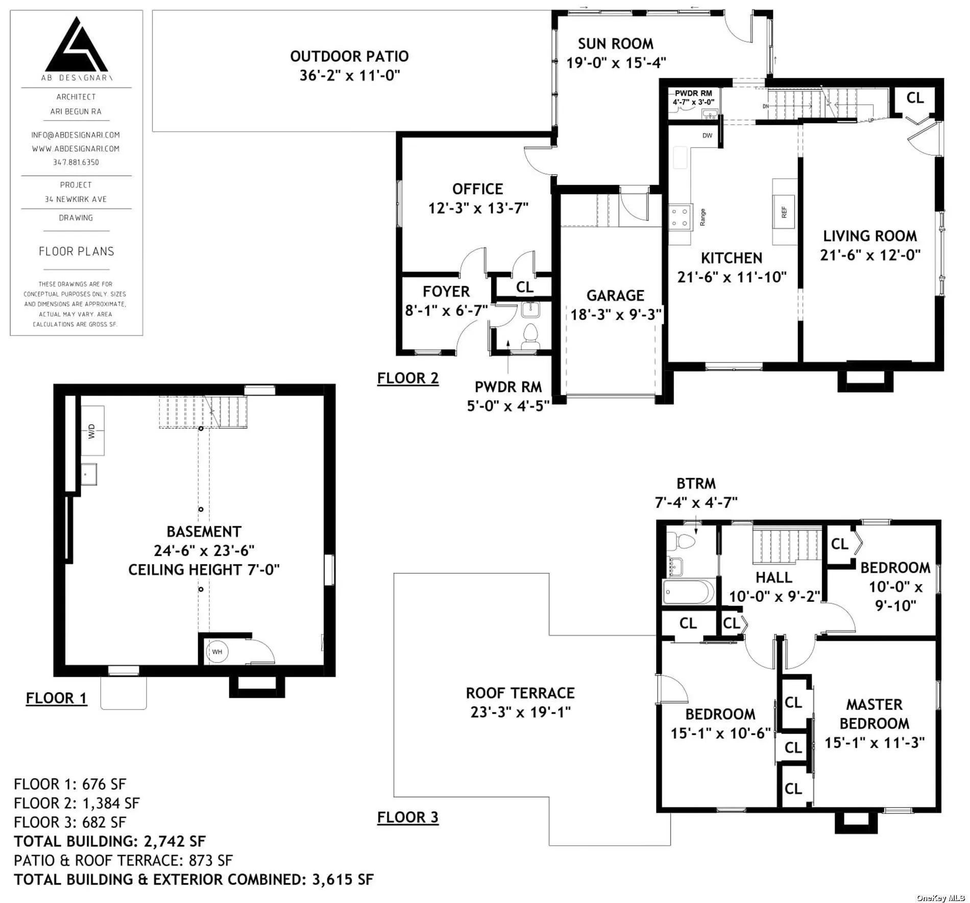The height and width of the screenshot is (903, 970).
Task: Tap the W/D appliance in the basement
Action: click(x=92, y=430)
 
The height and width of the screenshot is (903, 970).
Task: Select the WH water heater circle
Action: click(x=217, y=652)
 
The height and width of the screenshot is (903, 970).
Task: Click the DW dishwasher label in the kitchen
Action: click(x=707, y=135)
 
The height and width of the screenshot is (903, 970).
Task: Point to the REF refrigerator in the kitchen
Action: click(x=784, y=212)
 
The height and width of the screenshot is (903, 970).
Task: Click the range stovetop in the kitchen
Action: click(x=681, y=217)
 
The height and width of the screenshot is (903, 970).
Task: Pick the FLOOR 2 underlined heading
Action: click(x=408, y=378)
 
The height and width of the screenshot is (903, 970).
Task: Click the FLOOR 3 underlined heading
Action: click(x=408, y=817)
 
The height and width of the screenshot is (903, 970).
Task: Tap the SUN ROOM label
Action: click(x=616, y=44)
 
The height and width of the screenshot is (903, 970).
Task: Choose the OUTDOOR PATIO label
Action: click(x=349, y=56)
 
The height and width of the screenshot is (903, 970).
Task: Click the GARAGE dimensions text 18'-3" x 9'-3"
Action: click(x=616, y=314)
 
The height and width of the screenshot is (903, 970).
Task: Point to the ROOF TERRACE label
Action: click(x=520, y=693)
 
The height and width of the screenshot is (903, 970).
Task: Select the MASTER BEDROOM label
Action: click(x=874, y=714)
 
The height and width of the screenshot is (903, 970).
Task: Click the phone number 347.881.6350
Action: click(x=76, y=162)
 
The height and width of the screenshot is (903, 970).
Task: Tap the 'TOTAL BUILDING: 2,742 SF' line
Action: click(x=110, y=841)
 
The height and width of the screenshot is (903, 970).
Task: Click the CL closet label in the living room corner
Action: click(x=915, y=97)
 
